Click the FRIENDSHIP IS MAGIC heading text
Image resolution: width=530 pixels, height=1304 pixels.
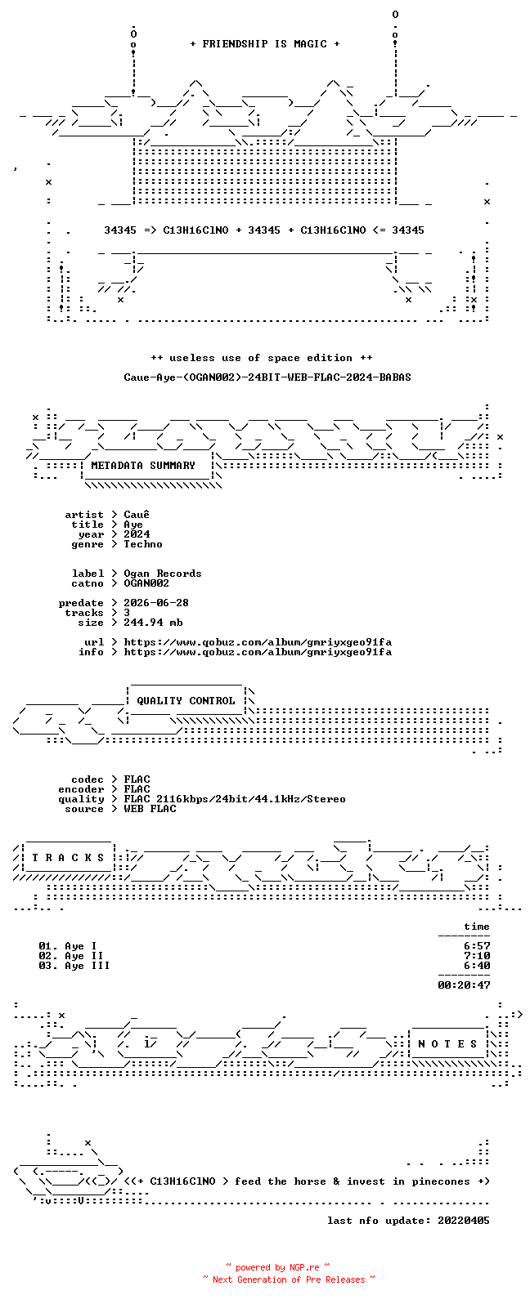(x=264, y=44)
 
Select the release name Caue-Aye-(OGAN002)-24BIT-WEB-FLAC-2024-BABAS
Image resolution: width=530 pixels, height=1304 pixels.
(x=267, y=377)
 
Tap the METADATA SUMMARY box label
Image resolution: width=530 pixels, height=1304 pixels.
(x=143, y=466)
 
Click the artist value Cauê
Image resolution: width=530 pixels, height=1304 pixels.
(x=137, y=515)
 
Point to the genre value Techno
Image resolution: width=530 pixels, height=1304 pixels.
(x=143, y=544)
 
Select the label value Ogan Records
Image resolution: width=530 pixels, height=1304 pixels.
(x=163, y=574)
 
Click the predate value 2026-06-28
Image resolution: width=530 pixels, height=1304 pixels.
(x=156, y=603)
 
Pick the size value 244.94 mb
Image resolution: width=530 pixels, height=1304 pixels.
(x=153, y=623)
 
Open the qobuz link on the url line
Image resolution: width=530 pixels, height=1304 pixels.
(x=258, y=643)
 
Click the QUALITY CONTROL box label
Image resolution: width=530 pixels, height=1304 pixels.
(x=186, y=701)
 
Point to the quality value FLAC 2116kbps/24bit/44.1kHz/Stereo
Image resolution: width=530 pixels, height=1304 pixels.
(x=235, y=799)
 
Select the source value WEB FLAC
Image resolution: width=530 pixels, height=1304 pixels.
(x=150, y=809)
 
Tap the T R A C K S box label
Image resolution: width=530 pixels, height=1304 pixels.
(x=68, y=858)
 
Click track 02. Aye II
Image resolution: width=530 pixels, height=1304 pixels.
(x=71, y=956)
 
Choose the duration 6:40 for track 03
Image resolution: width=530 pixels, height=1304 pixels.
(x=477, y=966)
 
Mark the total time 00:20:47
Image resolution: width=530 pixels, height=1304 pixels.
(x=464, y=985)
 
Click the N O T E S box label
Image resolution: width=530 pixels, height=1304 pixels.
(x=447, y=1044)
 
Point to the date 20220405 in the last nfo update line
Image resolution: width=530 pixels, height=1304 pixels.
(x=464, y=1221)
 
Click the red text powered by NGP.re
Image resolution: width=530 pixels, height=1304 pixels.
(x=277, y=1267)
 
